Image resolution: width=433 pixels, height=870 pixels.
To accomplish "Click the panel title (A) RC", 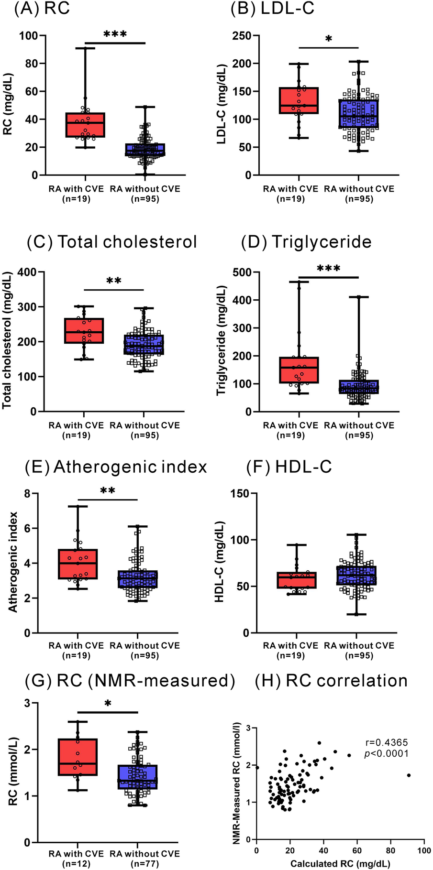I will point(42,10).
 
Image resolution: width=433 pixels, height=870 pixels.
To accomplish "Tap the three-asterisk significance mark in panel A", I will point(115,34).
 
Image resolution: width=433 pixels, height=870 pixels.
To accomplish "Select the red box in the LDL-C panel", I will point(299,100).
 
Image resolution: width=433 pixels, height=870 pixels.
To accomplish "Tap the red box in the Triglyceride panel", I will point(299,370).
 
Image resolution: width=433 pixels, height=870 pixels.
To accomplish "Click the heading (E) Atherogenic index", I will point(116,467).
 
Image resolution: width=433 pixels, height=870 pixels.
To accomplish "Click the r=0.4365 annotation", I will point(387,742).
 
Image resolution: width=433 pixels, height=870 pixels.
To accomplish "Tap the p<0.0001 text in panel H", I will point(387,754).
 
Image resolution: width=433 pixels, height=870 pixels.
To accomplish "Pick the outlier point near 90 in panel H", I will point(409,775).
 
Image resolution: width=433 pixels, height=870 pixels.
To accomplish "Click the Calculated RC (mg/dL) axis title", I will point(340,864).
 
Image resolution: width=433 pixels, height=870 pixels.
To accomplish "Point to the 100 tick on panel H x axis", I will point(423,850).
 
